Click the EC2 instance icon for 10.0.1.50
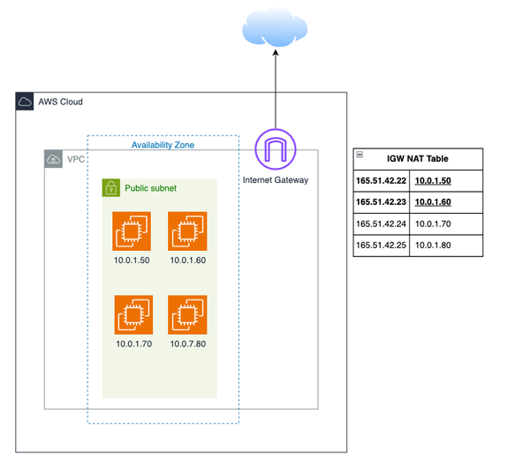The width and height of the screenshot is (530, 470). [x=132, y=231]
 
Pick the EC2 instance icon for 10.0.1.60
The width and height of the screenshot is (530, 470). [x=187, y=231]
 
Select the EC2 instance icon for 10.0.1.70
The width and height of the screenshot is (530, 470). [x=132, y=315]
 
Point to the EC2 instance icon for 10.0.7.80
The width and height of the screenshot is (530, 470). [x=187, y=315]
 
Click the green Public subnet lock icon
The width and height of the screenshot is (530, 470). [x=111, y=188]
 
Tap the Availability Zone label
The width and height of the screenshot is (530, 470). [x=163, y=144]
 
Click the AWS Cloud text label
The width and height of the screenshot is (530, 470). [x=60, y=102]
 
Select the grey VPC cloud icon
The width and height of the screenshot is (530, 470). [x=54, y=160]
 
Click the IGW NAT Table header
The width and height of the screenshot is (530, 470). [x=418, y=159]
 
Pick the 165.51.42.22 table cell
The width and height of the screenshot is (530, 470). [x=380, y=180]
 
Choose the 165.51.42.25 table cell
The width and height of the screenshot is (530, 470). [x=380, y=246]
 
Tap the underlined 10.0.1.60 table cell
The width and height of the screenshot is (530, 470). [x=432, y=202]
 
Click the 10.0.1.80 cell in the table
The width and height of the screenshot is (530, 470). [x=432, y=246]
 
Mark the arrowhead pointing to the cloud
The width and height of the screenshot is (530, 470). [x=276, y=54]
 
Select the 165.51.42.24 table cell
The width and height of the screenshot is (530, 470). [x=380, y=224]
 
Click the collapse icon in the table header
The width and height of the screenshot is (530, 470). [x=360, y=154]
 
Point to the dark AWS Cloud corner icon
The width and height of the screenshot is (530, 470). [x=25, y=102]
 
